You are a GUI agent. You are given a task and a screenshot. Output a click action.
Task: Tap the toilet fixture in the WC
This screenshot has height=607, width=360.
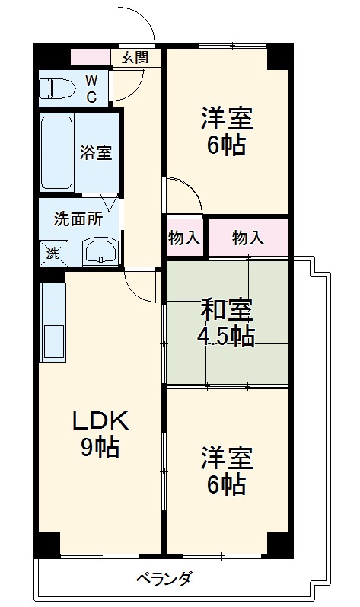pos(57,88)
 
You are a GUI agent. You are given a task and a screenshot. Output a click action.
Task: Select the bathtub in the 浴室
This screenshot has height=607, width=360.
pos(56,152)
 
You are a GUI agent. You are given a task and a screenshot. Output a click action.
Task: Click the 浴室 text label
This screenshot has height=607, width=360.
pos(97,152)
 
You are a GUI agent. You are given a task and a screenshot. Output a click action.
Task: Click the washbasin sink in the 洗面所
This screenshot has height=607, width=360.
pos(100,251)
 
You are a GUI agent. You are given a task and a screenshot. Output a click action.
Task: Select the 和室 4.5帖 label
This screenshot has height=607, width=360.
pos(227,323)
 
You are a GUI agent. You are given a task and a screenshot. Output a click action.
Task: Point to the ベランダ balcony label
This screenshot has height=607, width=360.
pos(164,578)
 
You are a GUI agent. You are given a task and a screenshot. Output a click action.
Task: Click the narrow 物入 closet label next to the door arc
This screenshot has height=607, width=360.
pos(183,238)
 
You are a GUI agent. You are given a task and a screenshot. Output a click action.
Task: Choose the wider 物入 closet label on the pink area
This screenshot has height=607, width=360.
pos(248,238)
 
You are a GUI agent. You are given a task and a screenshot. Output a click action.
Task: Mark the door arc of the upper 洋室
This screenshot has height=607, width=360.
pos(183,195)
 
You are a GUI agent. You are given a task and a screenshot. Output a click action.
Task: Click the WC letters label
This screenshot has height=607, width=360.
pos(91,88)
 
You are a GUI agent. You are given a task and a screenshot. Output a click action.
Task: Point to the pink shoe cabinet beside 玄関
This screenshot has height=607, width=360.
pos(90,57)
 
